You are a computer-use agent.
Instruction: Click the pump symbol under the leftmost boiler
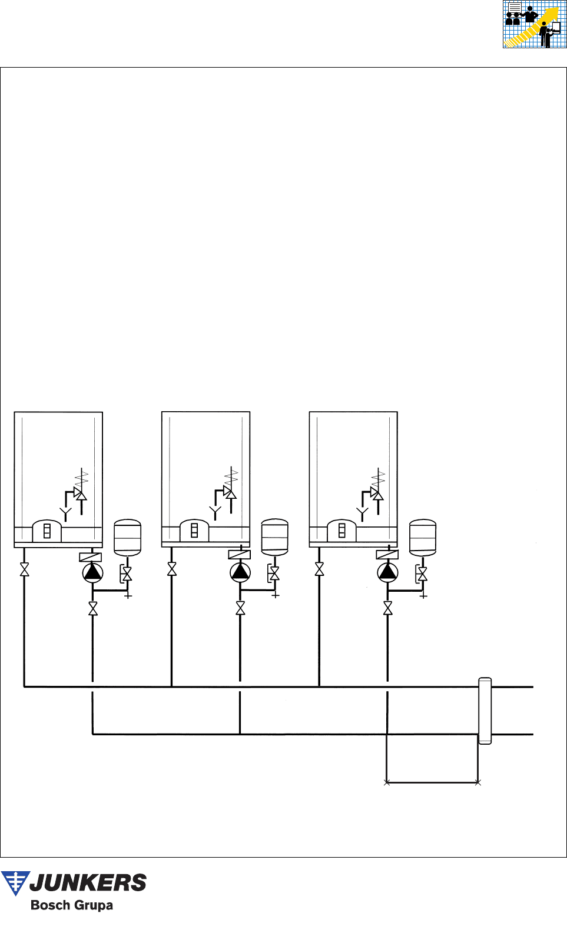[x=92, y=573]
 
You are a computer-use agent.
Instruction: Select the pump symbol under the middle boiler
[x=240, y=572]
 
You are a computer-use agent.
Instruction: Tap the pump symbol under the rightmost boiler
[x=387, y=572]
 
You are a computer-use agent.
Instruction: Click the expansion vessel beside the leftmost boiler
[x=127, y=537]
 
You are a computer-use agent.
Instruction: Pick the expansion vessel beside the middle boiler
[x=274, y=537]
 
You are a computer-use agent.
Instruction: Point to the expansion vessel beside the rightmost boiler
[x=422, y=537]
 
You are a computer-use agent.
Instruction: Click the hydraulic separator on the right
[x=485, y=711]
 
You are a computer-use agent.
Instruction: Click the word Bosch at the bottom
[x=48, y=905]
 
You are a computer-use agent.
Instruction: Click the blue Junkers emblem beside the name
[x=15, y=883]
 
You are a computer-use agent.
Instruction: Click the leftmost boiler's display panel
[x=47, y=531]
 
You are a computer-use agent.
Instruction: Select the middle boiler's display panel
[x=194, y=531]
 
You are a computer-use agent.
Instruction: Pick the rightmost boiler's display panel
[x=341, y=531]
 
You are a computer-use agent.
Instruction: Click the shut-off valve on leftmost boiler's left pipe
[x=25, y=569]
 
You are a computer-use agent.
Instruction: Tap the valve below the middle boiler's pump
[x=240, y=608]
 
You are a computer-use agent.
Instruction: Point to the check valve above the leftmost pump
[x=91, y=557]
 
